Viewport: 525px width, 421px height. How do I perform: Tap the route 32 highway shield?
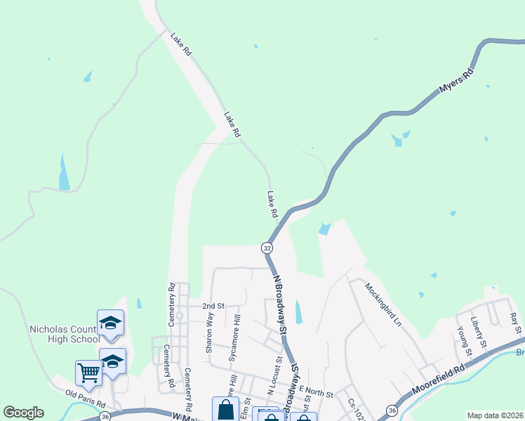(267, 248)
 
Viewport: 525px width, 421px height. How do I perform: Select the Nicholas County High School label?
(65, 334)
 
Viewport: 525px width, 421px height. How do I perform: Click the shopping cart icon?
(89, 372)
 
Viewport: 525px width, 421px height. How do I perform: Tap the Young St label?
(461, 338)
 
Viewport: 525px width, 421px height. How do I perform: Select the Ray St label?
(514, 323)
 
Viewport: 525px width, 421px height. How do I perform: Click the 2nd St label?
(213, 307)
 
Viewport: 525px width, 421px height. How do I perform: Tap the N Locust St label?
(274, 377)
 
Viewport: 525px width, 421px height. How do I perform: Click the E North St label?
(314, 389)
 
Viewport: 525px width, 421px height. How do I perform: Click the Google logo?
(24, 413)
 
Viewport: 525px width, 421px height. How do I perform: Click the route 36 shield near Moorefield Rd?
(392, 410)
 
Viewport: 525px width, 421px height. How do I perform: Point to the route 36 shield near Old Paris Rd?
(105, 416)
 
